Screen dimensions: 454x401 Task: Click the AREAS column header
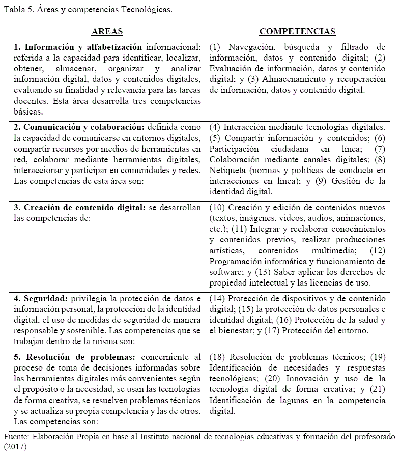pos(107,32)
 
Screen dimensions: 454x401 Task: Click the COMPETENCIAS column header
pos(297,32)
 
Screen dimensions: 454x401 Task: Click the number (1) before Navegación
pos(215,47)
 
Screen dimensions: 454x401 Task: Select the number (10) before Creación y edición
pos(217,208)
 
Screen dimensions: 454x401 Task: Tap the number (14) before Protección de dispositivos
pos(217,298)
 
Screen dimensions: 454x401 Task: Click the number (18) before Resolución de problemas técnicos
pos(217,357)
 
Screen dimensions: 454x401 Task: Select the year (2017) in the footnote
pos(16,447)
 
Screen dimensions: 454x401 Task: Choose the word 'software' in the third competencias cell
pos(224,272)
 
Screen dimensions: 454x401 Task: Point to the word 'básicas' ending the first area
pos(28,111)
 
